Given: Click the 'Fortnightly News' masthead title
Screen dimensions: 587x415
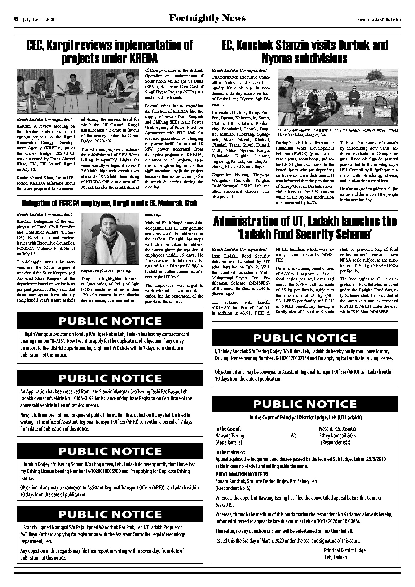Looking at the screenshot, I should click(x=207, y=18).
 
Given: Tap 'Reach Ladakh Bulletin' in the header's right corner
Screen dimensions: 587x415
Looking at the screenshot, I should click(x=379, y=19).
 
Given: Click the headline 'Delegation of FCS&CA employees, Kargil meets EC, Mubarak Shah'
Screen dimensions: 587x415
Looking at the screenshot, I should click(x=110, y=203).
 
